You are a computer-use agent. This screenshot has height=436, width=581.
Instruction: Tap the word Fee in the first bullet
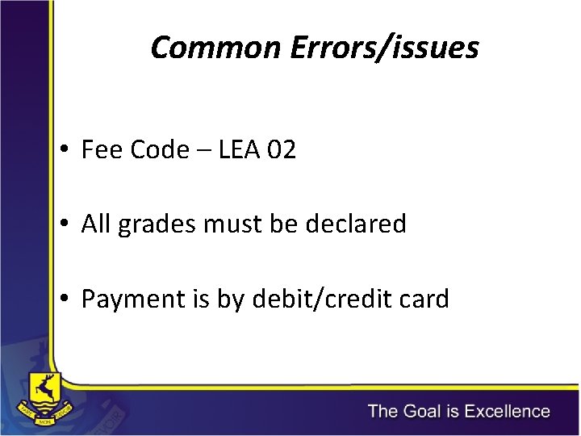pos(99,150)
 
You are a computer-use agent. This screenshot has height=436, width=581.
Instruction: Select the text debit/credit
pos(323,299)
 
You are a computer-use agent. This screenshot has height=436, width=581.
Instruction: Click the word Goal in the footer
pos(420,412)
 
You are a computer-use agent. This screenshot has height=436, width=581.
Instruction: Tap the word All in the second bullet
pos(96,224)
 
